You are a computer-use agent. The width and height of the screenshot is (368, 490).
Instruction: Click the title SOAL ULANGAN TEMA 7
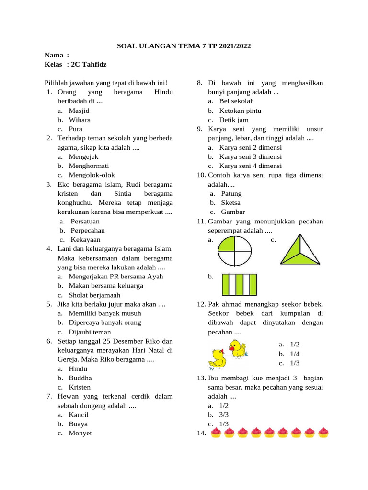coord(184,46)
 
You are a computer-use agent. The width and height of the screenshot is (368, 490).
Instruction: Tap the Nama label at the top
coord(55,56)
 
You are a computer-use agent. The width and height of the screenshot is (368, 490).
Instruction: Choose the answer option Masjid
coord(79,111)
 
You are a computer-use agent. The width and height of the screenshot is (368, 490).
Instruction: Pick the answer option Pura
coord(76,129)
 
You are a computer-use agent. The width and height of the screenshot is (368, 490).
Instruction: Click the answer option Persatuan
coord(85,222)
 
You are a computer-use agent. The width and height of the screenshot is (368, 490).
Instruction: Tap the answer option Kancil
coord(79,415)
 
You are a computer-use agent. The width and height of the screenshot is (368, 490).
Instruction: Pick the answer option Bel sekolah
coord(237,101)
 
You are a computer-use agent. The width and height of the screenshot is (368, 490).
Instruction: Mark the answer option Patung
coord(231,194)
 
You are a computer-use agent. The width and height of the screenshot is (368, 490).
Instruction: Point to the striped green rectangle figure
coord(239,284)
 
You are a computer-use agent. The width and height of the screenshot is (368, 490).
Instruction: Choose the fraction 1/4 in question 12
coord(295,354)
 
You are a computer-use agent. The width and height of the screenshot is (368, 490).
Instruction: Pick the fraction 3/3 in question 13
coord(224,415)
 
